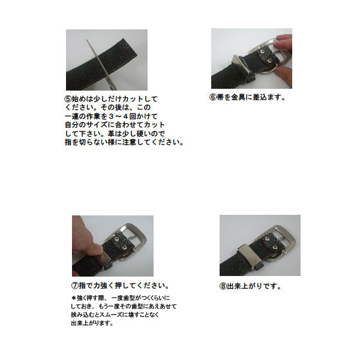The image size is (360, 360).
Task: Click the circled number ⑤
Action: click(68, 99)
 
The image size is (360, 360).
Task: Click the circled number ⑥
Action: click(213, 97)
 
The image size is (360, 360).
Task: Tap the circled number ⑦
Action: click(75, 286)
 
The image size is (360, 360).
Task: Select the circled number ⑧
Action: click(223, 286)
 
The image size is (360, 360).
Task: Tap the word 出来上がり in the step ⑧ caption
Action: click(244, 286)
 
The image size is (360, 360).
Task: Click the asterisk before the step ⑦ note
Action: click(74, 298)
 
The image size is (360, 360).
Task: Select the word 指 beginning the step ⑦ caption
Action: click(82, 286)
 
